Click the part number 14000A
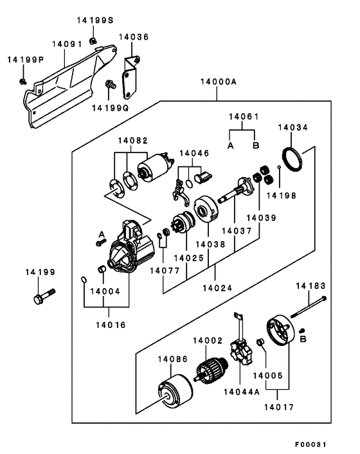pyautogui.click(x=219, y=82)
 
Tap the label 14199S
pyautogui.click(x=95, y=21)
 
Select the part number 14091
pyautogui.click(x=67, y=44)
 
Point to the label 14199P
pyautogui.click(x=26, y=60)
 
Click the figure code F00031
pyautogui.click(x=310, y=444)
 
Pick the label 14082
pyautogui.click(x=133, y=141)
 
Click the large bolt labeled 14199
pyautogui.click(x=44, y=296)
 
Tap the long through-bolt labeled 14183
pyautogui.click(x=309, y=307)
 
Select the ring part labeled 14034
pyautogui.click(x=292, y=159)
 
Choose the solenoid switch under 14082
pyautogui.click(x=155, y=167)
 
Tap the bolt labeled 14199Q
pyautogui.click(x=111, y=85)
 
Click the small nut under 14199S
pyautogui.click(x=93, y=41)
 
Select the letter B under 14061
pyautogui.click(x=256, y=145)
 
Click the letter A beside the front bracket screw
pyautogui.click(x=102, y=234)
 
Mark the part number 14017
pyautogui.click(x=279, y=407)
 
